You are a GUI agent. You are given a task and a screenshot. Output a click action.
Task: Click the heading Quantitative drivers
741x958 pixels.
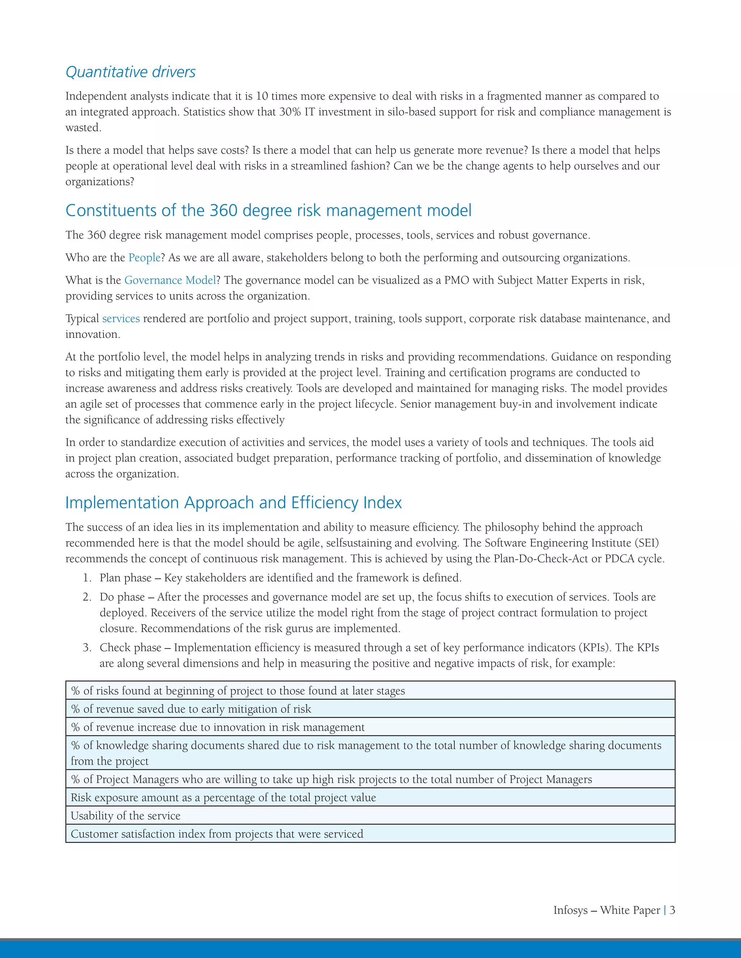coord(130,72)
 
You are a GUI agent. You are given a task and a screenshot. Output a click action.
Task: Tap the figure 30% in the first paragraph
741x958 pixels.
coord(290,112)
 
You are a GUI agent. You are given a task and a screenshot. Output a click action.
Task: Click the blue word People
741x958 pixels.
coord(144,257)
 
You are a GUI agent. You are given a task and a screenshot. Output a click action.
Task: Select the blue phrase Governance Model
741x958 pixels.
coord(170,280)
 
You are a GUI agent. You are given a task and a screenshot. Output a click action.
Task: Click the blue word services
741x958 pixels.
coord(121,318)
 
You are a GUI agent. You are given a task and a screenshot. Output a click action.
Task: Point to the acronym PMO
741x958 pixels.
coord(456,280)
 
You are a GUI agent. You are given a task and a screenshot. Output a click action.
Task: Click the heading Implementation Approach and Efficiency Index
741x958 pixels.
coord(233,503)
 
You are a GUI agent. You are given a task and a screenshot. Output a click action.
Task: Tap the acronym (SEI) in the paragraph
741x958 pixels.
coord(646,543)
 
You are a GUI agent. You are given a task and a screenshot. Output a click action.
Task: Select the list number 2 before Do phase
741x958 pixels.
coord(86,597)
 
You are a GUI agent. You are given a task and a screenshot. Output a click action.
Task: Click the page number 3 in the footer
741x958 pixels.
coord(672,910)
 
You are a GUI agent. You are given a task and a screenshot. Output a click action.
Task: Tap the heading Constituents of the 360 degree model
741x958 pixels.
coord(268,210)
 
